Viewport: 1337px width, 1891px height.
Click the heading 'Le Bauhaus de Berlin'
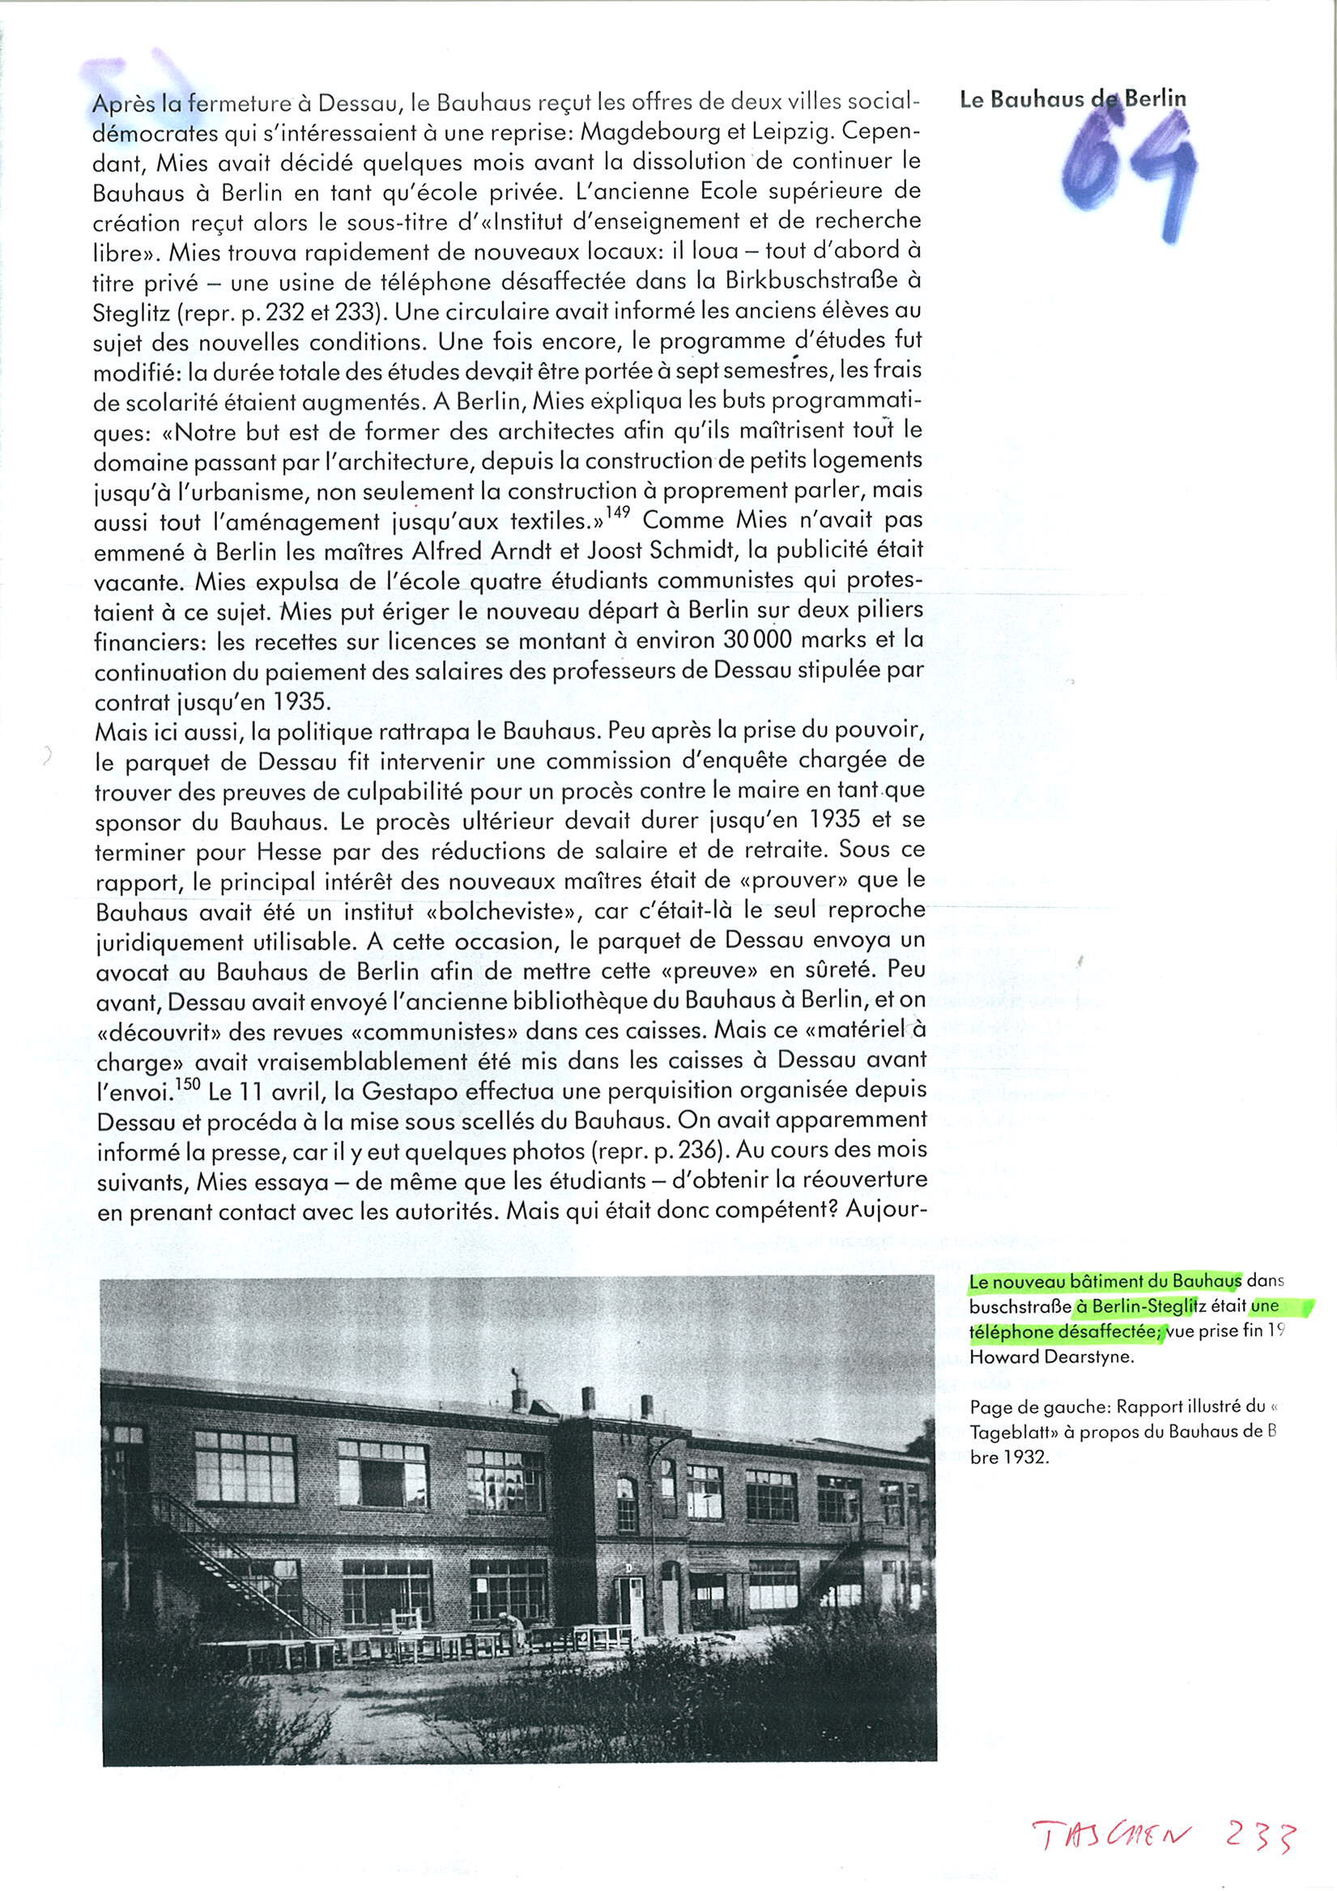(x=1072, y=100)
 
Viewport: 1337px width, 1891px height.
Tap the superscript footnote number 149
(x=618, y=513)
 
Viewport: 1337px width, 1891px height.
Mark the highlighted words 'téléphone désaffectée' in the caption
(x=1066, y=1331)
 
